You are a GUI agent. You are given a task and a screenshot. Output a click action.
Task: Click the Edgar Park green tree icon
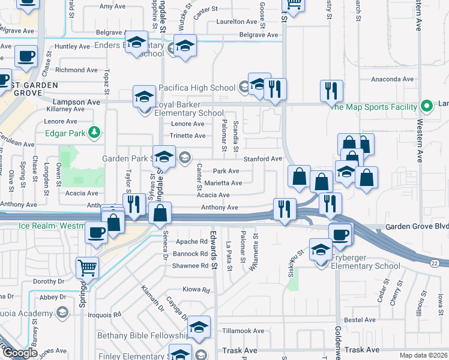(94, 132)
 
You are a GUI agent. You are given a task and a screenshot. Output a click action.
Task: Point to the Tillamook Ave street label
(241, 331)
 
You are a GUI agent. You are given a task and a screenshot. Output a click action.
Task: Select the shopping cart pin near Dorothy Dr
(88, 268)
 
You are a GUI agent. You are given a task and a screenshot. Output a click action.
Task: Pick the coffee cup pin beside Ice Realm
(95, 232)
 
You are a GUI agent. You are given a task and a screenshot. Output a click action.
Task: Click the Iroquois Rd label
(104, 314)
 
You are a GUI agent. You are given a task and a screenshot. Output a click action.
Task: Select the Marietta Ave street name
(223, 183)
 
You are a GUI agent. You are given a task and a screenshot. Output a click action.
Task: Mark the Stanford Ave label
(262, 159)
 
